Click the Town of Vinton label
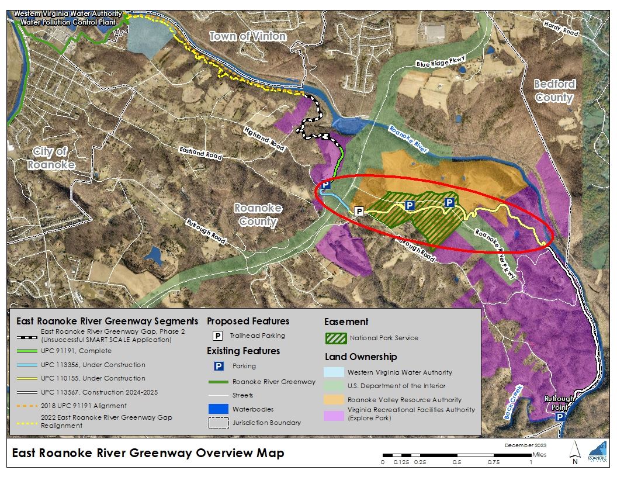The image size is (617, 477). [x=248, y=36]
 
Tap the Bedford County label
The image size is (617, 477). [x=554, y=91]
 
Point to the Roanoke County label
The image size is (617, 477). [x=258, y=215]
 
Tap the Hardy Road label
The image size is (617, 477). [x=560, y=29]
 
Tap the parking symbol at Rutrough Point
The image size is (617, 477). [x=559, y=417]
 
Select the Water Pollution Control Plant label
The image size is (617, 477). [x=69, y=18]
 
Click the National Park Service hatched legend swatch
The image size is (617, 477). [x=335, y=338]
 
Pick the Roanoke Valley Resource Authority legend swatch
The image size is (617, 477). [x=335, y=400]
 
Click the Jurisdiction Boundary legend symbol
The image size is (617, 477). [x=217, y=423]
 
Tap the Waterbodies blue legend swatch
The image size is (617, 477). [x=217, y=409]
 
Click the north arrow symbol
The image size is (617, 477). [x=575, y=451]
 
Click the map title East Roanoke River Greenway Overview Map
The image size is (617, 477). [x=148, y=453]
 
